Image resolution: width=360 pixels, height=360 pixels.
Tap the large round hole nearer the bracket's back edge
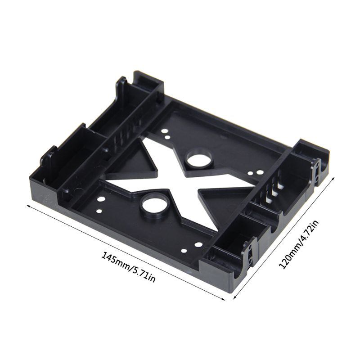(x=198, y=159)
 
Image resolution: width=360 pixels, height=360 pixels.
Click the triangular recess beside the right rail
(x=220, y=202)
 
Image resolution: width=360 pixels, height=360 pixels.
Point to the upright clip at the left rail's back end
(x=121, y=85)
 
